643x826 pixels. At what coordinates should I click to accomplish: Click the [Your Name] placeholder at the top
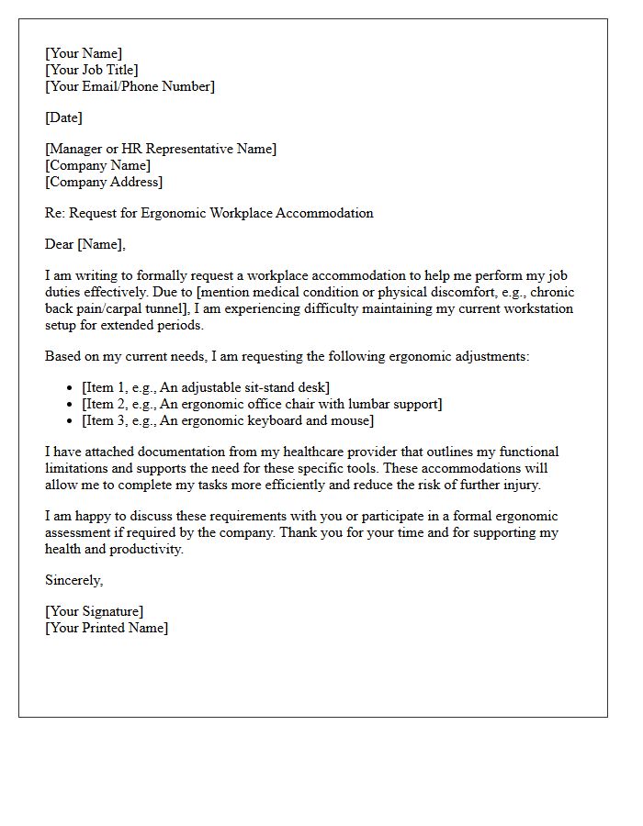[x=84, y=53]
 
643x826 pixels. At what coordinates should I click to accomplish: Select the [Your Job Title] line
[x=92, y=70]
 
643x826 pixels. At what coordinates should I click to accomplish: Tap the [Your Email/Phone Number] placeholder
[x=130, y=86]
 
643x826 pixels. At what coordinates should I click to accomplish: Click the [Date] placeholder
[x=63, y=117]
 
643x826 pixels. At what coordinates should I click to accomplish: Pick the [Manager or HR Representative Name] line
[x=161, y=149]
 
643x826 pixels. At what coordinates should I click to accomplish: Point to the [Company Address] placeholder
[x=104, y=182]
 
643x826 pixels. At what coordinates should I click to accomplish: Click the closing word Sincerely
[x=73, y=580]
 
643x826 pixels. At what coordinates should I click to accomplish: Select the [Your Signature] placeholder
[x=94, y=611]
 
